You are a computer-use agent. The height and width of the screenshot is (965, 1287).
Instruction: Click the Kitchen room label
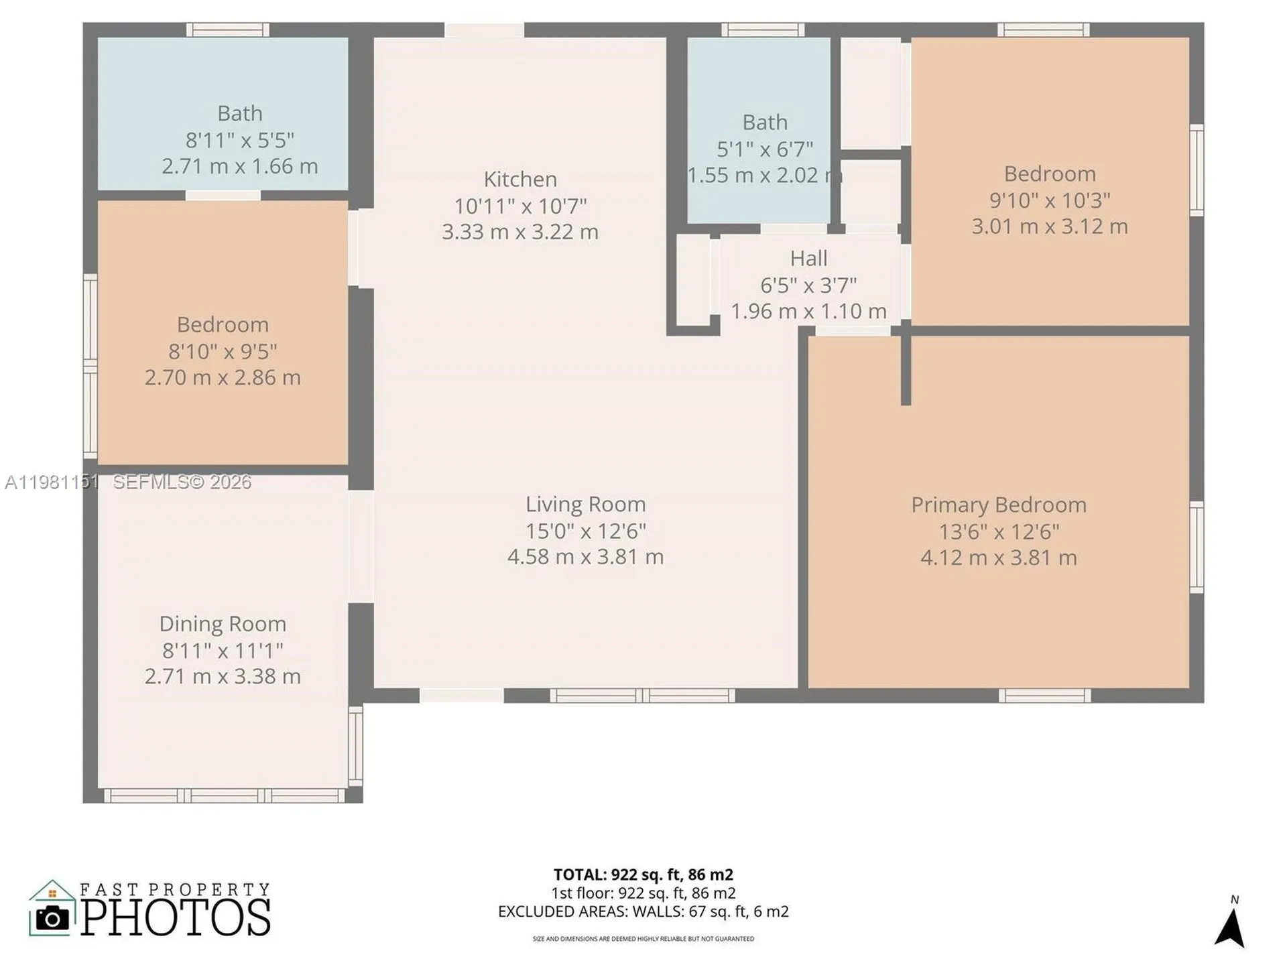tap(520, 179)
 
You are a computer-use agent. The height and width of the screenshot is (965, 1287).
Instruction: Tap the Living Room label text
tap(585, 504)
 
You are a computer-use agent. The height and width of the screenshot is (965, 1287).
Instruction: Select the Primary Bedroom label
tap(999, 505)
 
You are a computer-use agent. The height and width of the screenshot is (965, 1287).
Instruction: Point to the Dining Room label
tap(223, 624)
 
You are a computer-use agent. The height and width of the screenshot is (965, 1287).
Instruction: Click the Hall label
tap(808, 258)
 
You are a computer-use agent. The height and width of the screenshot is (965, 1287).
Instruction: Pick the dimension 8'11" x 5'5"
tap(240, 140)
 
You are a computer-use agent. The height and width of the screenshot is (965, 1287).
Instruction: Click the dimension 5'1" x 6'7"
tap(765, 149)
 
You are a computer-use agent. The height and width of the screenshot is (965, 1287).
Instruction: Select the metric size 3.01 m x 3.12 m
tap(1050, 226)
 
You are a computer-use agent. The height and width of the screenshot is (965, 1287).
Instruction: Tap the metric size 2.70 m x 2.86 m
tap(223, 377)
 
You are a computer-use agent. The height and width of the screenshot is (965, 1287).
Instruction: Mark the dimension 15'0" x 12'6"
tap(585, 531)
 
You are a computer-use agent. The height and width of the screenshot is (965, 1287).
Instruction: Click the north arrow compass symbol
tap(1230, 927)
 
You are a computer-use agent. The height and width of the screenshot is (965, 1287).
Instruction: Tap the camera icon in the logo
tap(52, 918)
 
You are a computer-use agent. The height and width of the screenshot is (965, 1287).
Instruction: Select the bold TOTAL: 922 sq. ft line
tap(643, 875)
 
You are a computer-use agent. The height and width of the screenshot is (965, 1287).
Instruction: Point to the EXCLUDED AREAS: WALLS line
tap(643, 911)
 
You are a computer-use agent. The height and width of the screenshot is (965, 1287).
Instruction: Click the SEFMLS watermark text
tap(182, 482)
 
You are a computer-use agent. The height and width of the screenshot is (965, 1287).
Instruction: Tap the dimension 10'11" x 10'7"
tap(520, 206)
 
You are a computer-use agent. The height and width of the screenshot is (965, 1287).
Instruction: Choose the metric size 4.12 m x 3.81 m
tap(999, 558)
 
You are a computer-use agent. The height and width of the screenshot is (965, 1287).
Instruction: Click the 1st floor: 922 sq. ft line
tap(643, 893)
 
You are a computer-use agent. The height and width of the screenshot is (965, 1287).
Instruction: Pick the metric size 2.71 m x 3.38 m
tap(223, 676)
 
